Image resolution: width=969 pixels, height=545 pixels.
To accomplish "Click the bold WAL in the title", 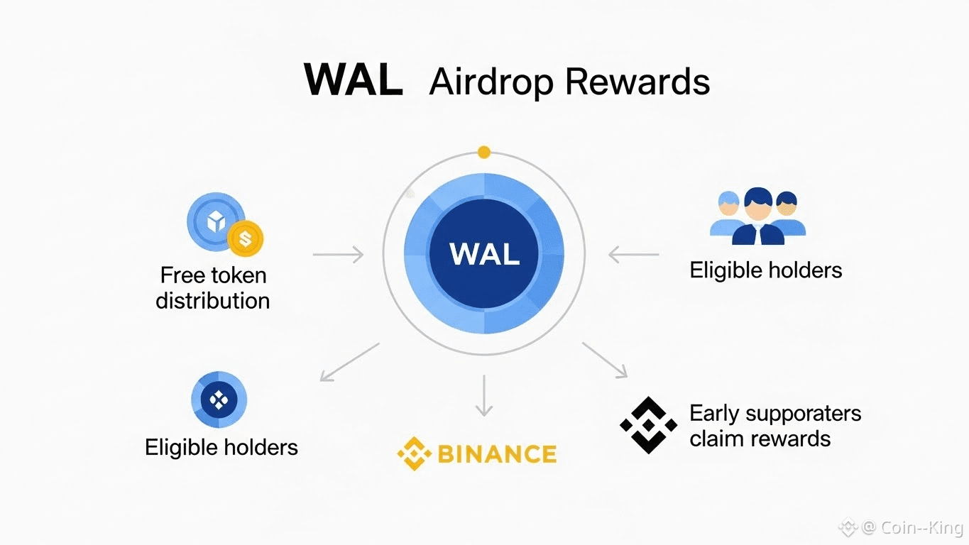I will (353, 80).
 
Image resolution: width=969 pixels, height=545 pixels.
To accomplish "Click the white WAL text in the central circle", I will (484, 254).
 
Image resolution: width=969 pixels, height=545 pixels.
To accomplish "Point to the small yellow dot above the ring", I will (484, 152).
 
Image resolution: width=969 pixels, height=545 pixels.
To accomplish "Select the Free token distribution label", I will (213, 287).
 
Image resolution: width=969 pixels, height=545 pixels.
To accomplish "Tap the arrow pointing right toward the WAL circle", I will (338, 254).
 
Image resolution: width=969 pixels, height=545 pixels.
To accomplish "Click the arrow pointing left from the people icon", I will (634, 254).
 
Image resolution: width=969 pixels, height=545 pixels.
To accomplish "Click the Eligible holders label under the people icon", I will (765, 270).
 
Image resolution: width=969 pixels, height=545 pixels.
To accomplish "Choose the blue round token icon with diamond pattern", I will (219, 400).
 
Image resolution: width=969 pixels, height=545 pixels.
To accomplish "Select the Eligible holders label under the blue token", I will (221, 447).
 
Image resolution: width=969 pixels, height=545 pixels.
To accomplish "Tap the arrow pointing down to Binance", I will (484, 395).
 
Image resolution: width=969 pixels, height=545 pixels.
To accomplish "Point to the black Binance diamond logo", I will (648, 425).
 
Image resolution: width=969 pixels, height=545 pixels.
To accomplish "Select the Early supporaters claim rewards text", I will (774, 426).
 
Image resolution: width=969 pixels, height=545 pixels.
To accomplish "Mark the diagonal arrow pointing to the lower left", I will (349, 362).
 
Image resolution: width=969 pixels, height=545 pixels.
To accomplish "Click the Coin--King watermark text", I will (921, 527).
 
